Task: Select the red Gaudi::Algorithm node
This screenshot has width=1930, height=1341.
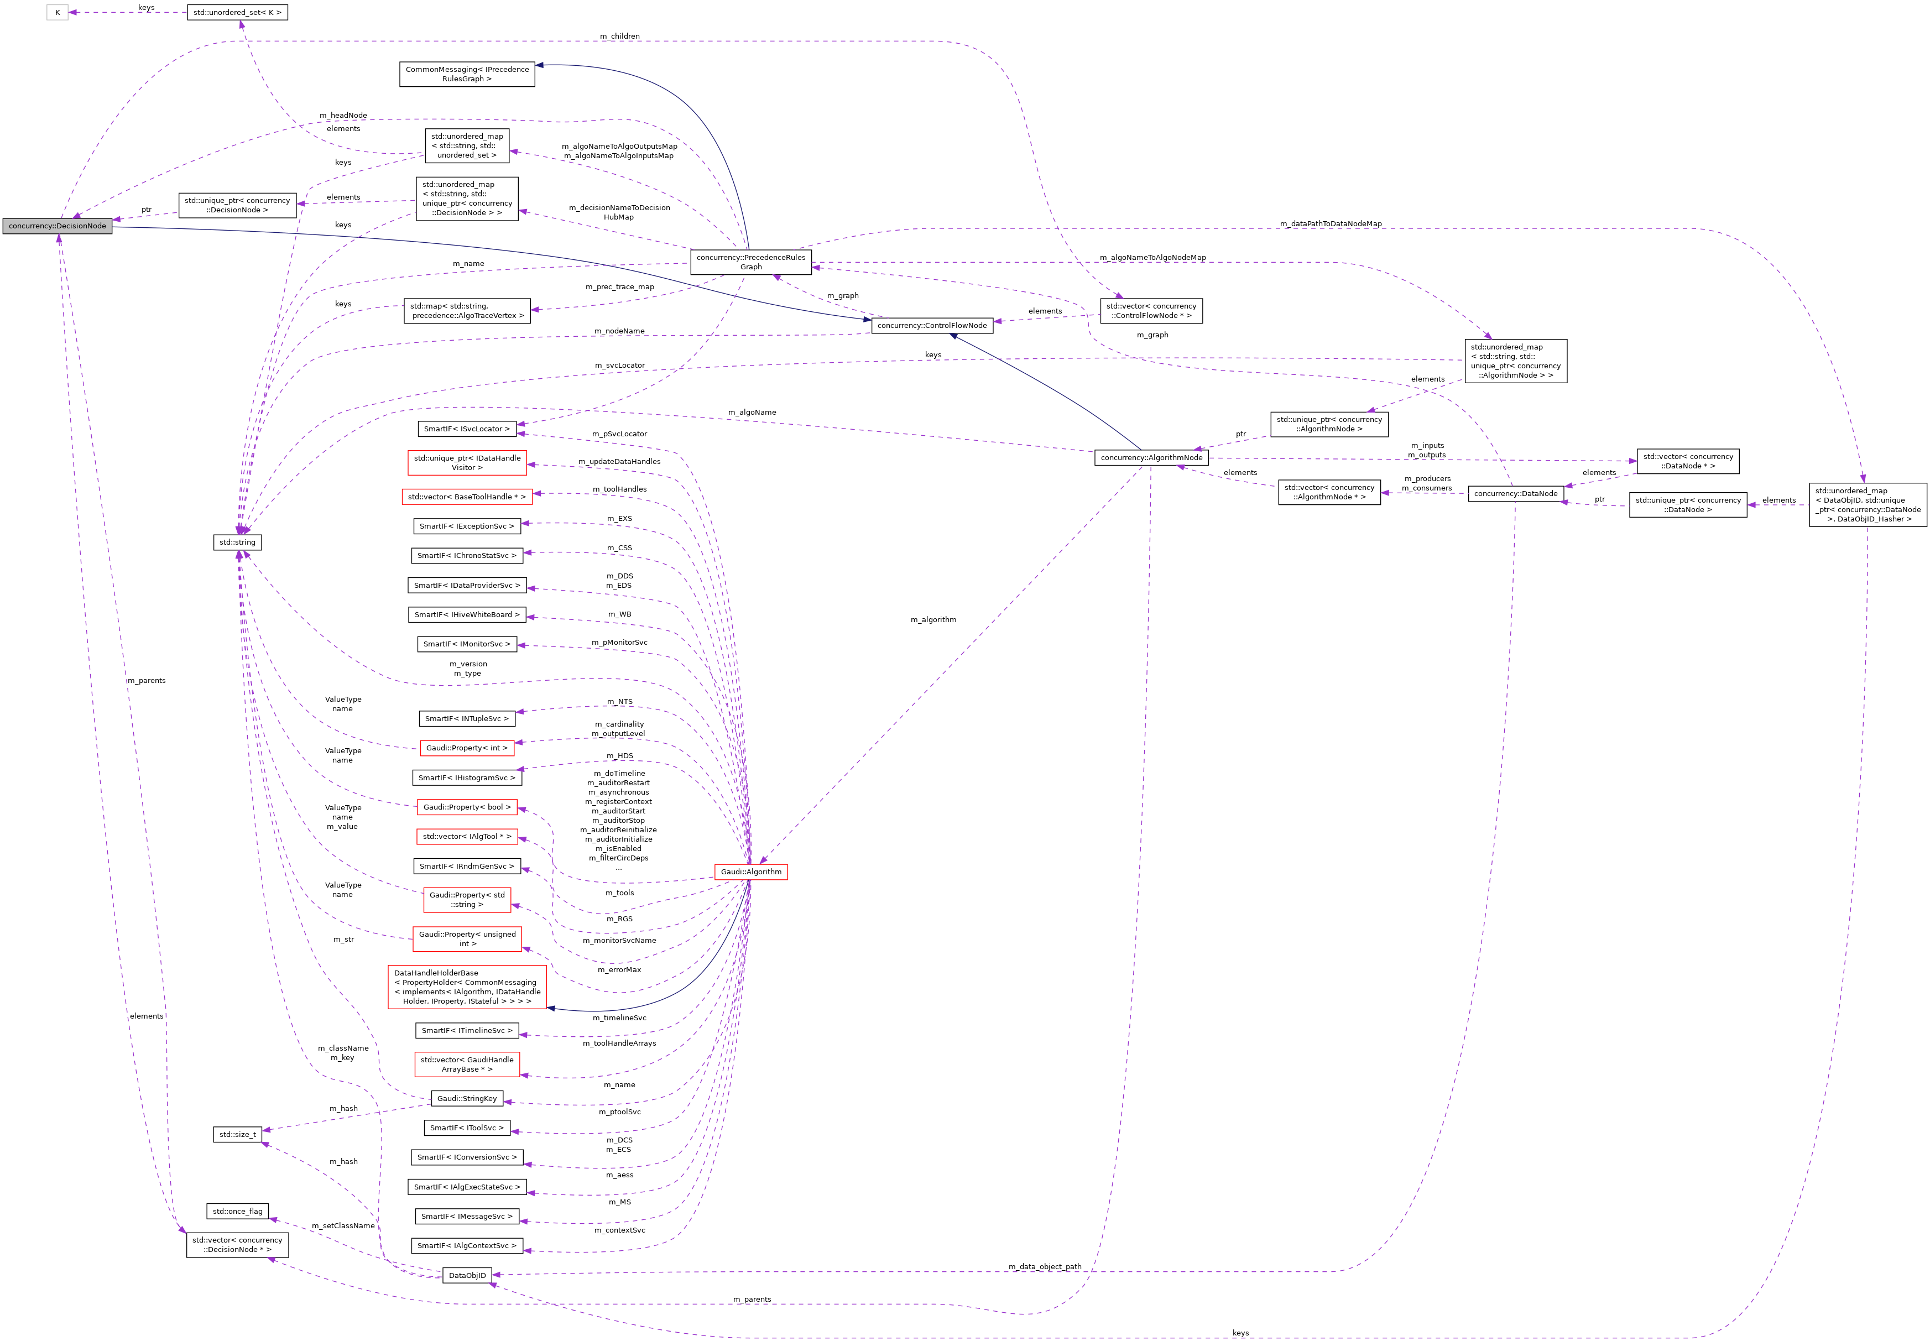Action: [x=750, y=872]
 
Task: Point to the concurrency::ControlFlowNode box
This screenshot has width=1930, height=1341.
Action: [x=932, y=325]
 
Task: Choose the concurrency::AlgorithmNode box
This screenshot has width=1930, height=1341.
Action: [x=1151, y=458]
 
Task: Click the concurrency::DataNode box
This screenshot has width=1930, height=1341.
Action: [x=1515, y=493]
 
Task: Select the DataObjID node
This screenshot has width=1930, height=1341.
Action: [x=467, y=1275]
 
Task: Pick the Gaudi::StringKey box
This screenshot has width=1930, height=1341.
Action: [x=467, y=1098]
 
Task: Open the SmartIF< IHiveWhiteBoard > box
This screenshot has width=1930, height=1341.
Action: [x=467, y=614]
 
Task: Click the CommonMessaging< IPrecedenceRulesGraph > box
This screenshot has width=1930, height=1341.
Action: [x=467, y=74]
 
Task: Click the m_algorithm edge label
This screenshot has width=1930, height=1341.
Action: [x=933, y=620]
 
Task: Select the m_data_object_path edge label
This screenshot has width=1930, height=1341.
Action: [x=1045, y=1266]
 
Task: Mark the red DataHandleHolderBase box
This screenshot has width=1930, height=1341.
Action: [x=467, y=987]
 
